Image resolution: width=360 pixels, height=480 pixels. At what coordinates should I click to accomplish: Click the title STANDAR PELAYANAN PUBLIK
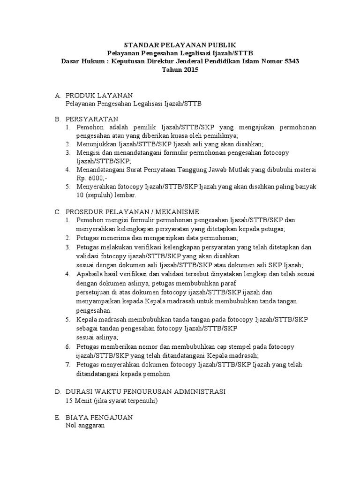tap(180, 45)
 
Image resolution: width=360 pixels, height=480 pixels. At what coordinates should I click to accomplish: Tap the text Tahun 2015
tap(180, 70)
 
